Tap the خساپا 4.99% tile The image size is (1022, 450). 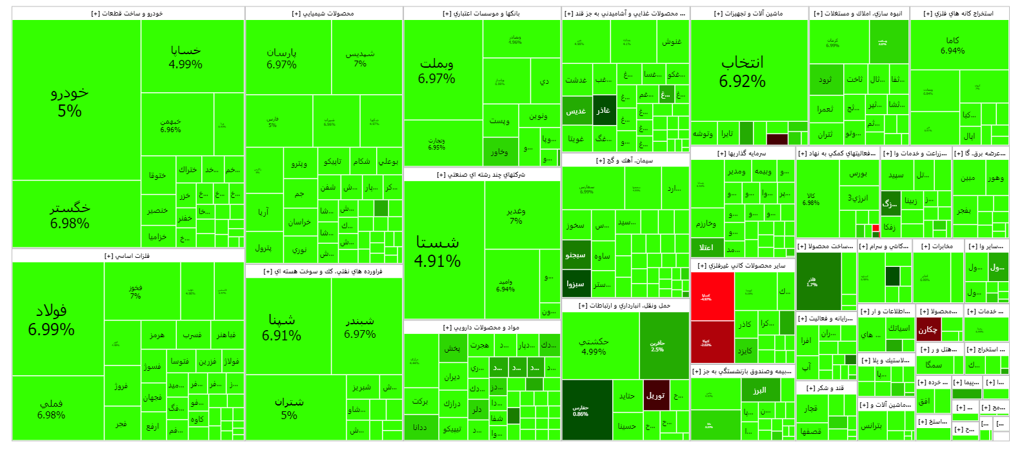pyautogui.click(x=186, y=57)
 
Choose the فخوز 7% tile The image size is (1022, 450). pyautogui.click(x=135, y=291)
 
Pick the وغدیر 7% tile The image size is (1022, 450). pyautogui.click(x=516, y=215)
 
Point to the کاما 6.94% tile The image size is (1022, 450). pyautogui.click(x=952, y=45)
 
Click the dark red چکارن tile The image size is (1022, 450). pyautogui.click(x=928, y=329)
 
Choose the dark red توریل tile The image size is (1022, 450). pyautogui.click(x=656, y=395)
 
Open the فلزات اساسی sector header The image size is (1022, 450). pyautogui.click(x=128, y=256)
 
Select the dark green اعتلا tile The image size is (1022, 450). pyautogui.click(x=706, y=247)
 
